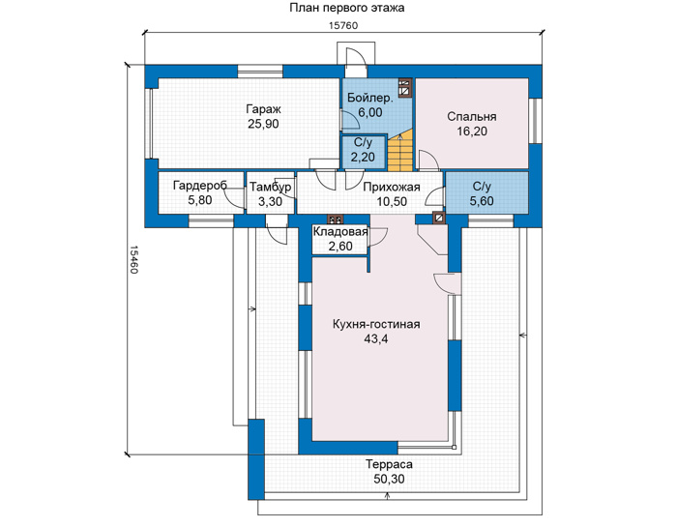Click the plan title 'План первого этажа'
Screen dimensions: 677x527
346,8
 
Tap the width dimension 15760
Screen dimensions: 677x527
343,25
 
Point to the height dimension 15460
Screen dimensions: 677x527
133,260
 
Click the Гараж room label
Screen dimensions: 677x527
263,108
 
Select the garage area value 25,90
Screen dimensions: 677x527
263,124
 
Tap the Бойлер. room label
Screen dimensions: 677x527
370,98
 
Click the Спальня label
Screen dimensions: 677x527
472,117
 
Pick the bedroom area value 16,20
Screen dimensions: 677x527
472,132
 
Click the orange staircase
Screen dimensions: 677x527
400,153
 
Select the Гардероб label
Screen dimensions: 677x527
200,186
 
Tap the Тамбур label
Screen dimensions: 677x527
270,187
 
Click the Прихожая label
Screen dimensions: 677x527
391,187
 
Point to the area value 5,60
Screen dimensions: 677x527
482,201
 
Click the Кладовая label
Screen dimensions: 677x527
340,232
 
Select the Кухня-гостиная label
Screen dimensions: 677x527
376,324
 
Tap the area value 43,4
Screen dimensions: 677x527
375,338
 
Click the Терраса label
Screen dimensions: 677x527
389,464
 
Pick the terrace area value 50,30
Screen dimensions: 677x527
389,479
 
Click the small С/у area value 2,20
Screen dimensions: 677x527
363,157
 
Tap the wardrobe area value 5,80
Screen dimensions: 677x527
200,201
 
